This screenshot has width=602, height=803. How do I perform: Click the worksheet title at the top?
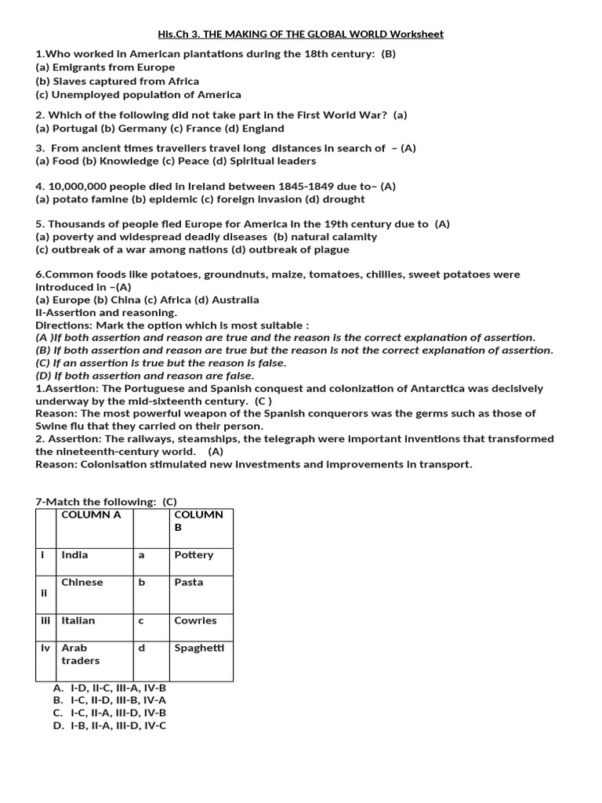click(x=300, y=35)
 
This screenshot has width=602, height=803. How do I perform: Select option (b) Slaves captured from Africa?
click(x=118, y=81)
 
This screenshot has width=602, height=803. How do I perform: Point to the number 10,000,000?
click(x=82, y=186)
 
